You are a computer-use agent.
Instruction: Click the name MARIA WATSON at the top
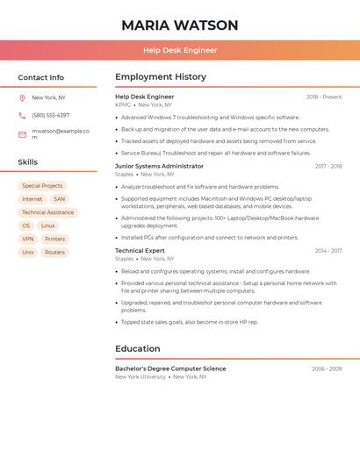[x=180, y=25]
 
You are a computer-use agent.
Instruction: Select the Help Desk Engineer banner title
[x=180, y=50]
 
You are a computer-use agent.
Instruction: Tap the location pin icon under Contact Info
[x=22, y=98]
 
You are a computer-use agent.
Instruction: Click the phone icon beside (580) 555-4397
[x=22, y=116]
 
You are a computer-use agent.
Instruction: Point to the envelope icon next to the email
[x=22, y=134]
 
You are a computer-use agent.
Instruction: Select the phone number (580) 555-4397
[x=51, y=116]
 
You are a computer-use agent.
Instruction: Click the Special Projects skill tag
[x=42, y=186]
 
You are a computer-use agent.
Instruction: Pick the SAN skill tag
[x=59, y=199]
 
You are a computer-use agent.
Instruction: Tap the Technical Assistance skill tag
[x=48, y=212]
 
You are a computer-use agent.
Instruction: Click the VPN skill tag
[x=28, y=239]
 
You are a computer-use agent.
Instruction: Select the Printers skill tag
[x=55, y=239]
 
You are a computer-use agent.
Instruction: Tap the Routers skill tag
[x=55, y=252]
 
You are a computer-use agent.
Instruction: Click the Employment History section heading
[x=161, y=77]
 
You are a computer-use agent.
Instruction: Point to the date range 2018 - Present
[x=324, y=97]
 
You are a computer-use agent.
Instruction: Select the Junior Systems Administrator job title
[x=159, y=166]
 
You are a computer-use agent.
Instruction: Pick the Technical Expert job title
[x=140, y=251]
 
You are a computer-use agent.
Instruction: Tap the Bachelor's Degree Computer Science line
[x=170, y=368]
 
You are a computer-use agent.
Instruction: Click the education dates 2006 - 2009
[x=327, y=369]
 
